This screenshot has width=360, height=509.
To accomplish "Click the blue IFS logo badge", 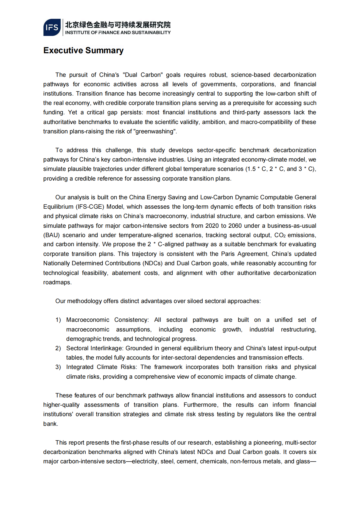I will (x=52, y=28).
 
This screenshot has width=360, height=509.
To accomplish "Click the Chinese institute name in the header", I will (x=118, y=24).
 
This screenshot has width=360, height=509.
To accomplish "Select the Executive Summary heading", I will (x=83, y=51).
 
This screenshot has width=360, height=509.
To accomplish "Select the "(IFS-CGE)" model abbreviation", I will (x=90, y=207).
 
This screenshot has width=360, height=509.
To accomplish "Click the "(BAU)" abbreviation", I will (x=51, y=235).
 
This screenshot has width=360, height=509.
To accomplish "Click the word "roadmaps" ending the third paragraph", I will (x=57, y=282).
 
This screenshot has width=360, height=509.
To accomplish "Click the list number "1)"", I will (x=58, y=320).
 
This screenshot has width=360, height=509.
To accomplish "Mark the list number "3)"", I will (x=58, y=367).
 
